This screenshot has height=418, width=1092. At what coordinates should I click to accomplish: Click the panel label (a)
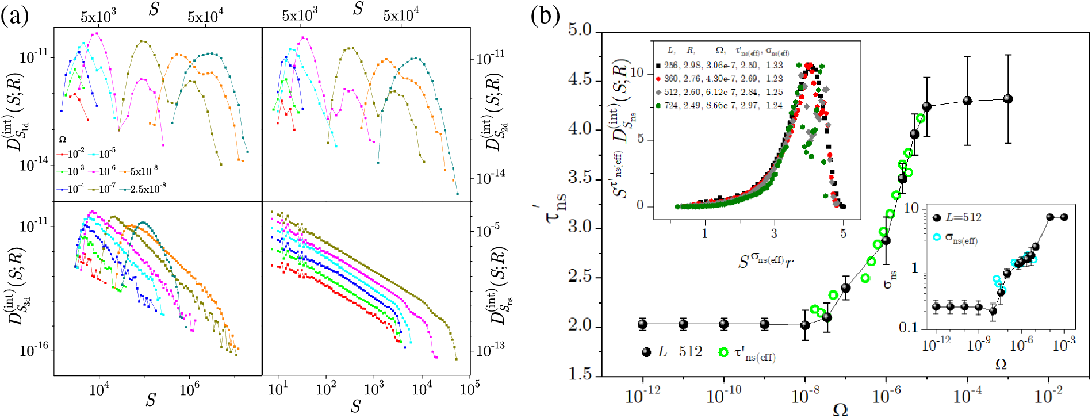point(14,16)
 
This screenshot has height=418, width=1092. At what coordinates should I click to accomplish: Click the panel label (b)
point(545,16)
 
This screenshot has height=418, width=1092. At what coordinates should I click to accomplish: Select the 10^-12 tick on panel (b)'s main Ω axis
point(642,396)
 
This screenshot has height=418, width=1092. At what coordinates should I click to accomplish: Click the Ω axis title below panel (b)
point(840,409)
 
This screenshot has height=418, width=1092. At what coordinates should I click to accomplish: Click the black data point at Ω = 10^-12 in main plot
point(642,324)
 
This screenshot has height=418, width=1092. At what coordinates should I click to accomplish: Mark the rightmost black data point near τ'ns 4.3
point(1007,99)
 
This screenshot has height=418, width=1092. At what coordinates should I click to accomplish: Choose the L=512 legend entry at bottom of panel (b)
point(673,352)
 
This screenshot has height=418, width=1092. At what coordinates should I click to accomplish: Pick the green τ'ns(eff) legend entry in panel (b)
point(748,353)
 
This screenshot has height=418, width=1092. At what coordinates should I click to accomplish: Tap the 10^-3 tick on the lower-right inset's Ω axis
point(1063,345)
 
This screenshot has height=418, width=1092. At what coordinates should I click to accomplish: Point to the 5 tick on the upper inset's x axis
point(843,233)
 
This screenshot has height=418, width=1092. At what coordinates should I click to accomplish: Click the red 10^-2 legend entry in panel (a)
point(71,154)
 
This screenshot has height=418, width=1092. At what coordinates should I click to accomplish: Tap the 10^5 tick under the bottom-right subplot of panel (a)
point(470,389)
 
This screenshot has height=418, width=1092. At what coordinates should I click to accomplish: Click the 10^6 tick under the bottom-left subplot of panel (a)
point(189,390)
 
